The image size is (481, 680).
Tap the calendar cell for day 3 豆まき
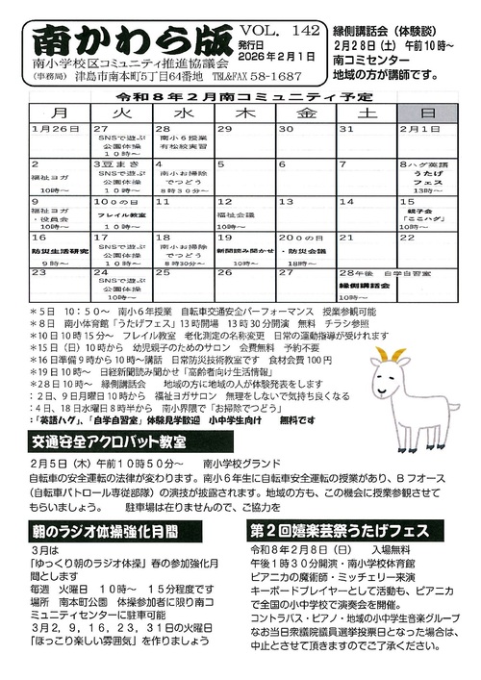(x=120, y=178)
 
